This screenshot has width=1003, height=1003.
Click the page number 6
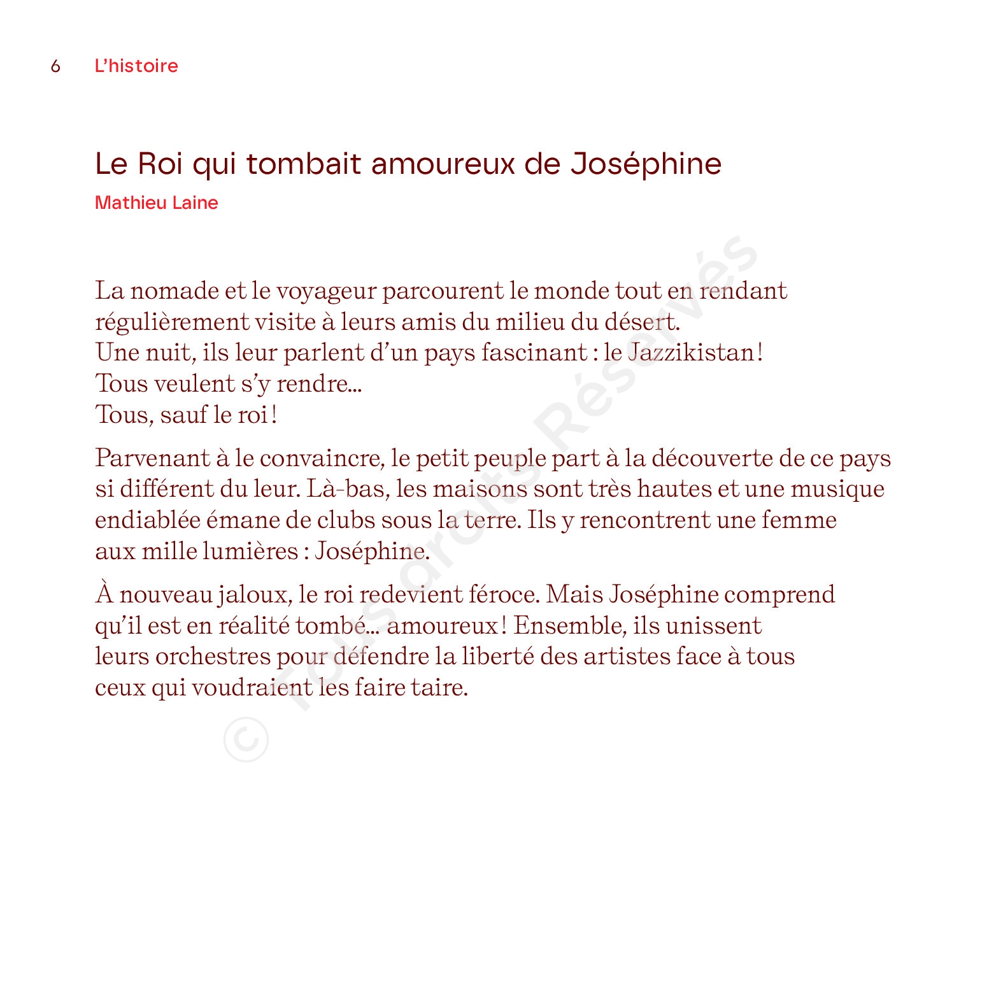tap(56, 66)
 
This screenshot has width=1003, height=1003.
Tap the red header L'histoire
tap(136, 66)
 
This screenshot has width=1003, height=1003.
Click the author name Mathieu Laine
tap(156, 203)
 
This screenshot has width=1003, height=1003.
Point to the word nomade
tap(174, 290)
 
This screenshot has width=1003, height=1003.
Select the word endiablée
tap(148, 520)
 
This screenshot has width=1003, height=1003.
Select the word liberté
tap(497, 656)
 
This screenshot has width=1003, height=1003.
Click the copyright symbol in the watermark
tap(246, 739)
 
